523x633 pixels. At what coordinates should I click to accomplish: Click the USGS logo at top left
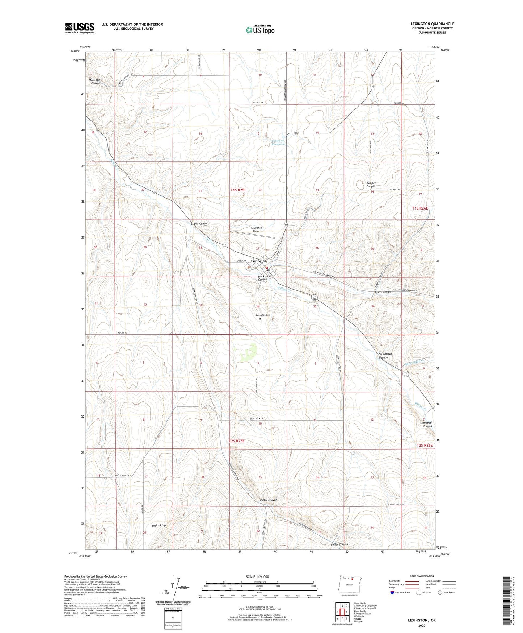(x=79, y=28)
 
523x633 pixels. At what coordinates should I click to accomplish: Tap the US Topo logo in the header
(x=260, y=29)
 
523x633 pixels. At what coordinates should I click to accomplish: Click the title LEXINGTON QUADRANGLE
(x=432, y=24)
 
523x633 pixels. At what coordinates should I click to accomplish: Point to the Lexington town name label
(x=259, y=261)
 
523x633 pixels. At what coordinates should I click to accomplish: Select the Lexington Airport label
(x=256, y=229)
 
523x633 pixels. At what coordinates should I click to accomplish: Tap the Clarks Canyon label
(x=199, y=224)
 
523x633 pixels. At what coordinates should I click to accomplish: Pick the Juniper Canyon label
(x=371, y=185)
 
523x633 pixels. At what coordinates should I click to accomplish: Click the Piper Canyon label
(x=380, y=292)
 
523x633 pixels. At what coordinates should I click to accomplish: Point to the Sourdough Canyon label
(x=383, y=355)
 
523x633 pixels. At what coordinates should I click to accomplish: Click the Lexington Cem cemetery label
(x=263, y=315)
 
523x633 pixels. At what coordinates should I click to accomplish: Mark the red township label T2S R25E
(x=237, y=441)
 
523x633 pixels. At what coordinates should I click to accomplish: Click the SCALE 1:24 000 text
(x=260, y=576)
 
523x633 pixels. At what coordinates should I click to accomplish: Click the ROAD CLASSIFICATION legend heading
(x=422, y=576)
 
